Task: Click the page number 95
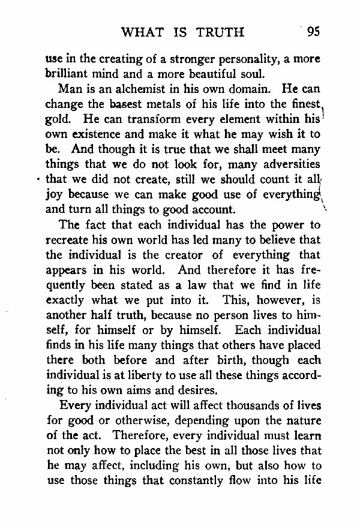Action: tap(313, 32)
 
